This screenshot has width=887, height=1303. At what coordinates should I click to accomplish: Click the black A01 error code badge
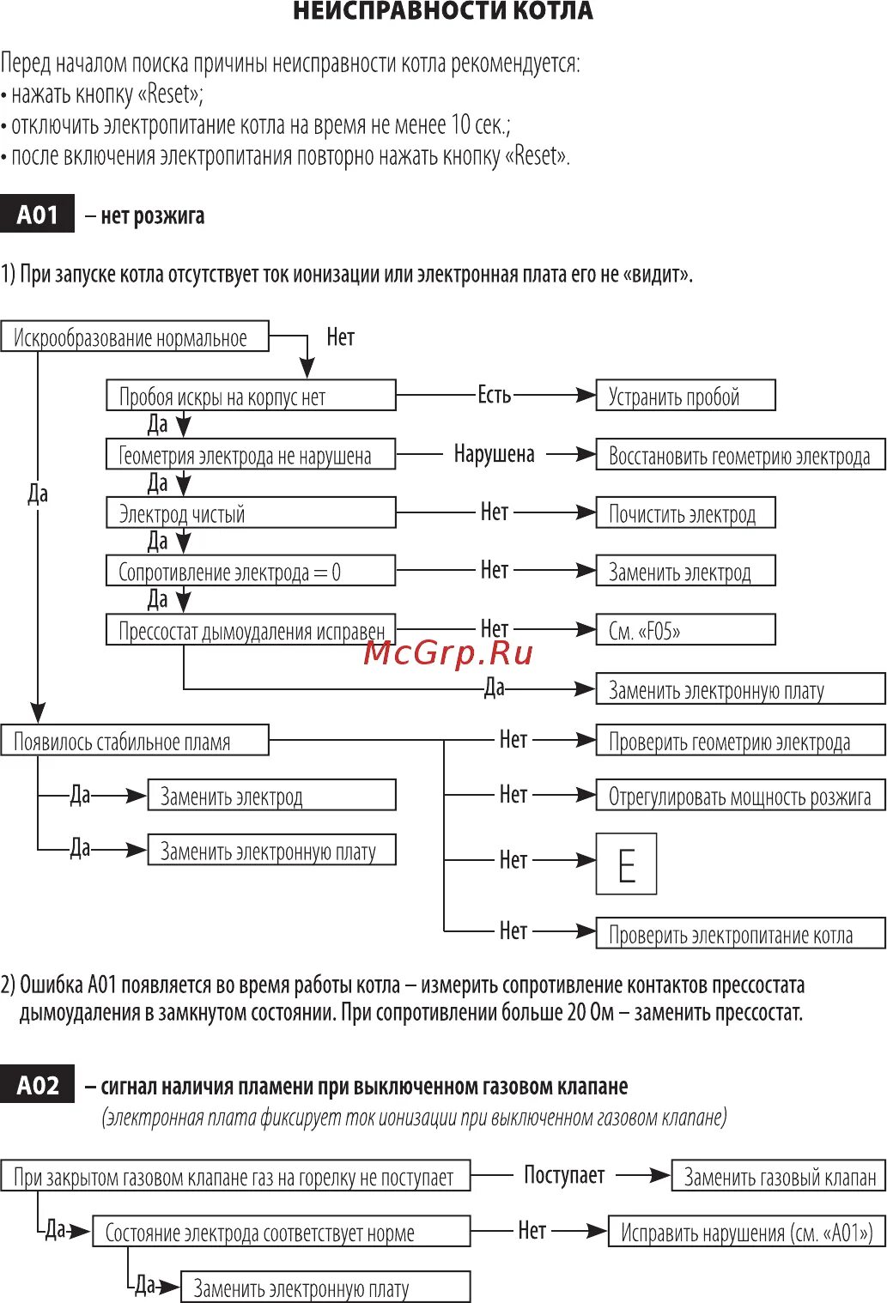click(x=37, y=215)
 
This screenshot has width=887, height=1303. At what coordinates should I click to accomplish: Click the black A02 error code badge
click(x=37, y=1086)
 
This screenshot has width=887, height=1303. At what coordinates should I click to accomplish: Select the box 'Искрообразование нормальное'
click(x=135, y=337)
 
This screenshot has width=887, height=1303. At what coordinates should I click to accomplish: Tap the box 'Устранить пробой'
click(x=685, y=396)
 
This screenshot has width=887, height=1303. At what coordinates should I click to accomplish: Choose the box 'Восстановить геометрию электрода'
click(x=740, y=455)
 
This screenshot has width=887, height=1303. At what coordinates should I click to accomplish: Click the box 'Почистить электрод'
click(x=685, y=513)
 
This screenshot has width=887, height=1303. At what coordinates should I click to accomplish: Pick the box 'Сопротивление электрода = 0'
click(x=251, y=572)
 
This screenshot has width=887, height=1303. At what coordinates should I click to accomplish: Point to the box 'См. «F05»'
click(x=685, y=631)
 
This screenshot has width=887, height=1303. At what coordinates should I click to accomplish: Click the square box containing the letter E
click(x=626, y=864)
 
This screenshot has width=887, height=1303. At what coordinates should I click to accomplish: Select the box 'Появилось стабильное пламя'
click(x=135, y=741)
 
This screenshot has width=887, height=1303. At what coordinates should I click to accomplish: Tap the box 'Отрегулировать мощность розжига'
click(x=740, y=796)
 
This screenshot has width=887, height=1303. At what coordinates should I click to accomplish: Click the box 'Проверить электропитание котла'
click(x=740, y=934)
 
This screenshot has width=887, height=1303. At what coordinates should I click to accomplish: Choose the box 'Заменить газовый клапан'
click(x=778, y=1177)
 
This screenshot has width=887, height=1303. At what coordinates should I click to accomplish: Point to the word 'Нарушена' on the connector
click(x=494, y=454)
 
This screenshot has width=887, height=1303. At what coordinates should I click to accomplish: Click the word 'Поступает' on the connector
click(x=564, y=1175)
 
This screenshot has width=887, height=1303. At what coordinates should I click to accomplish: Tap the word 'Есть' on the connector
click(x=494, y=395)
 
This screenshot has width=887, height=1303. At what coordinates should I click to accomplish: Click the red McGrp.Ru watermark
click(x=448, y=653)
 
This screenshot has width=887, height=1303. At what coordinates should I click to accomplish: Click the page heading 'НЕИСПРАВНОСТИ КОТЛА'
click(x=442, y=11)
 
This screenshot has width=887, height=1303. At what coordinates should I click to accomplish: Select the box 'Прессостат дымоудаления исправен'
click(x=251, y=631)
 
